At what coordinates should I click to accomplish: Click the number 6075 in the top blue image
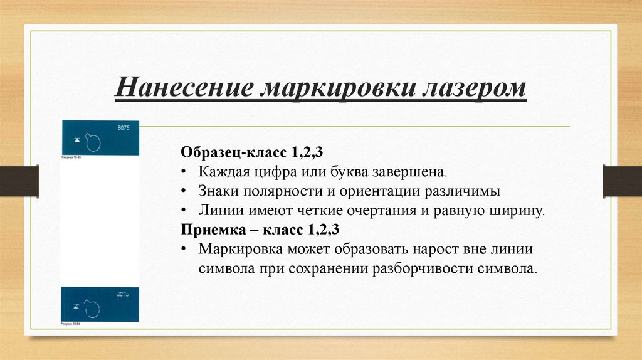tap(123, 128)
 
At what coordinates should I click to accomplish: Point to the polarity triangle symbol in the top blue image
tap(76, 140)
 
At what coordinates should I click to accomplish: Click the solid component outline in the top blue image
tap(94, 142)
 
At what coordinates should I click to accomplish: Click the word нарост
tap(433, 248)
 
